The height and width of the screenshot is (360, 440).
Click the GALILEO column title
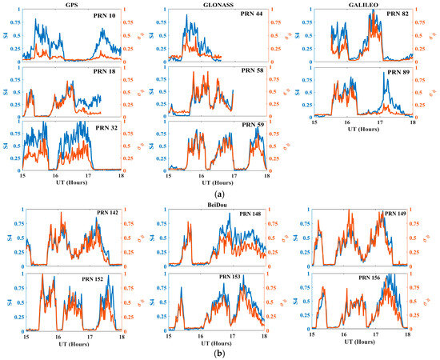[x=360, y=5]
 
